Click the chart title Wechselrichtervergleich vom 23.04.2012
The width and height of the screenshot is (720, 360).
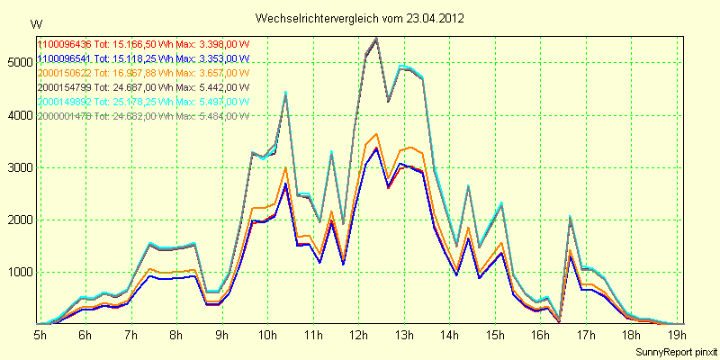click(x=360, y=18)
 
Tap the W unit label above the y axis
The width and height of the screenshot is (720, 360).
click(x=35, y=23)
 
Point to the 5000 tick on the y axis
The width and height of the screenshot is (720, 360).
click(x=19, y=62)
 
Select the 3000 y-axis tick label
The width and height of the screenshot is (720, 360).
click(x=19, y=167)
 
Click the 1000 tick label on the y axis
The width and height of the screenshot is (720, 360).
click(x=19, y=273)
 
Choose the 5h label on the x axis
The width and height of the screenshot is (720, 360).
click(x=40, y=334)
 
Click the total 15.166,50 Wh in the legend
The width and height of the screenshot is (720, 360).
click(x=137, y=43)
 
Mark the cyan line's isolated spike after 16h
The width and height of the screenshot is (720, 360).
click(x=570, y=216)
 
